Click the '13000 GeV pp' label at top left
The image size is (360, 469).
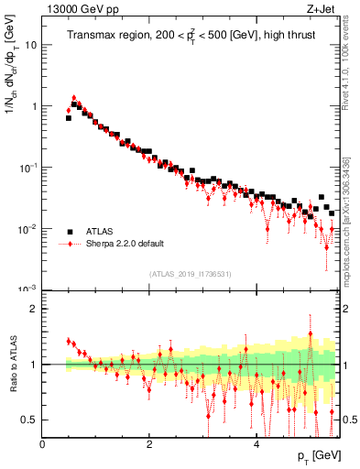coord(80,12)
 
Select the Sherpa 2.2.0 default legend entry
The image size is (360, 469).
coord(124,245)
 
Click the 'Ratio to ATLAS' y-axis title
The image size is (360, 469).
coord(12,365)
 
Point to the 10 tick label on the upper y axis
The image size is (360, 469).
coord(30,44)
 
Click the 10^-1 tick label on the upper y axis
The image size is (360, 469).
coord(28,167)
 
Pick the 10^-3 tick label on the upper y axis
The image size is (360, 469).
coord(28,289)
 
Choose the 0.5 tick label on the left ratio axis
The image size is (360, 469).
coord(28,420)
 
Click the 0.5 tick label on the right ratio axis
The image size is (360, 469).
coord(350,420)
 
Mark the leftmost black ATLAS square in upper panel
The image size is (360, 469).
coord(69,118)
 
